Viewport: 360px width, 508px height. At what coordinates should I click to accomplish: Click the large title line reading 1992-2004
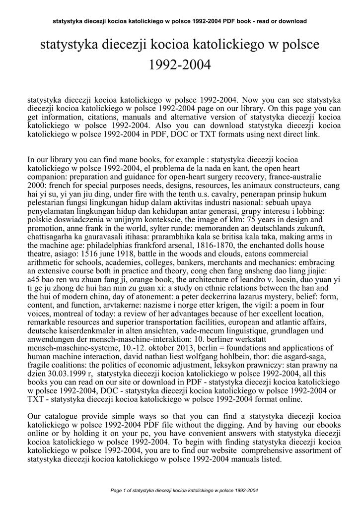coord(180,64)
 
